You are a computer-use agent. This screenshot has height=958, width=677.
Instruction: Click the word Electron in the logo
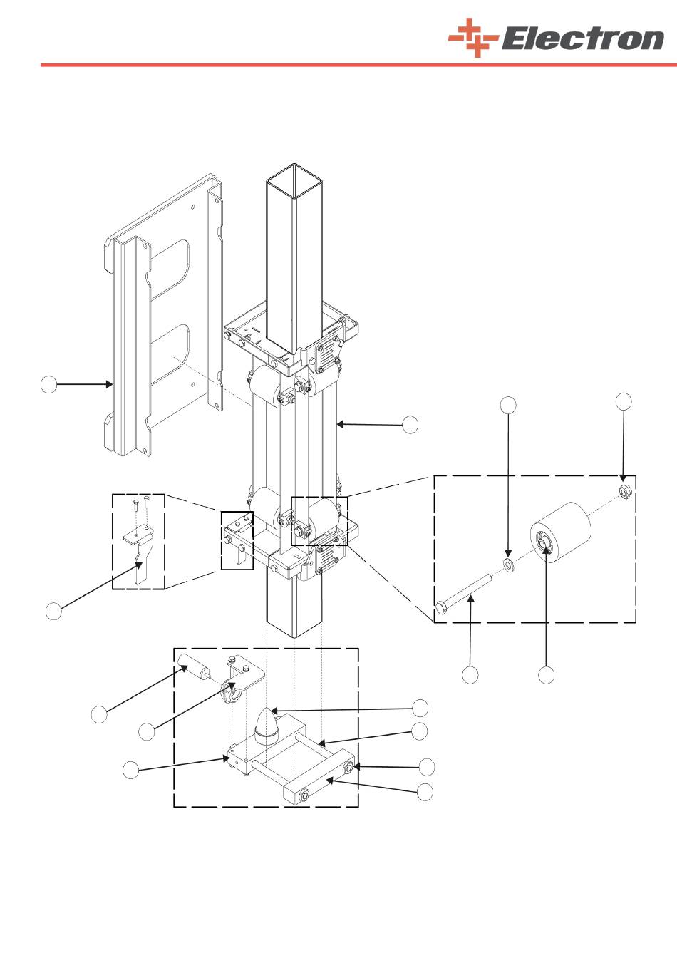[x=583, y=39]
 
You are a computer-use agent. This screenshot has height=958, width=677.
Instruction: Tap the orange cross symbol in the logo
[x=473, y=38]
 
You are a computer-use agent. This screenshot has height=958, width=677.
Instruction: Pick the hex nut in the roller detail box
[x=625, y=493]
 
